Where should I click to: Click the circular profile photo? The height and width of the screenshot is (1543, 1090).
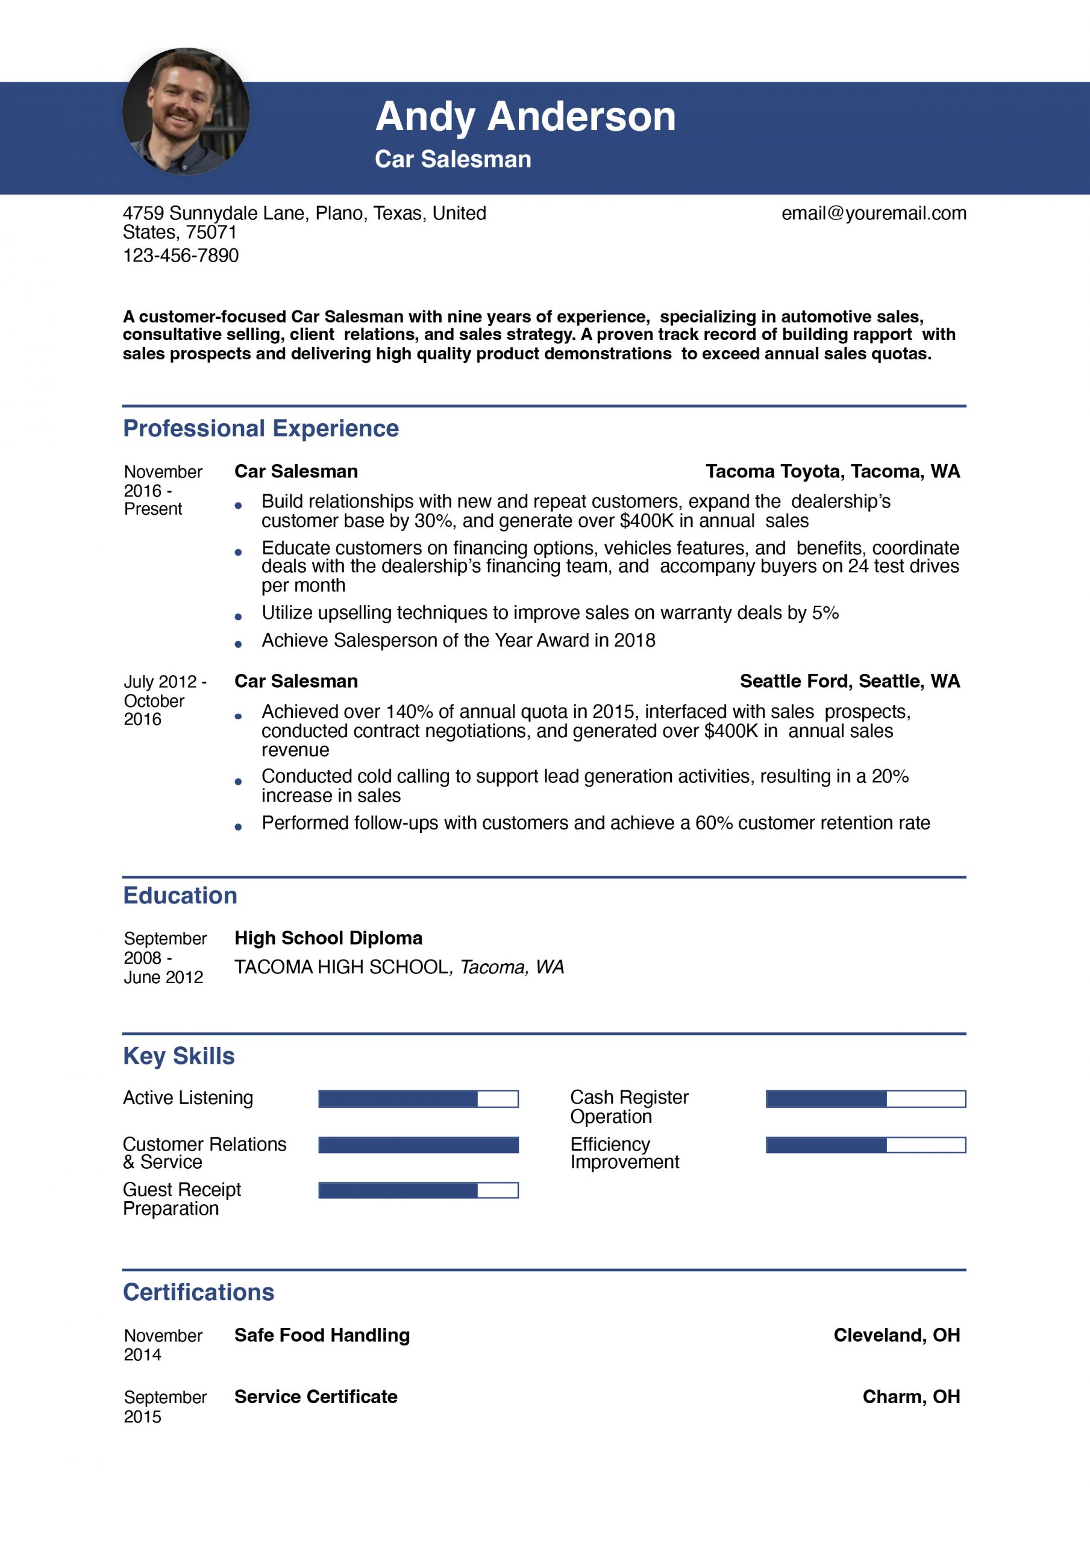pos(186,112)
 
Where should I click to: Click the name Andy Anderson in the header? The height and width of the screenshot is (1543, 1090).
pos(525,116)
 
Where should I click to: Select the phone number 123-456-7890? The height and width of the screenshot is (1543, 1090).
pos(180,256)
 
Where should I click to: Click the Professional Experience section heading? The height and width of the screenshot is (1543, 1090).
pos(261,428)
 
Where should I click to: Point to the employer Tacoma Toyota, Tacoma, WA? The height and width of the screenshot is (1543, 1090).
pos(832,471)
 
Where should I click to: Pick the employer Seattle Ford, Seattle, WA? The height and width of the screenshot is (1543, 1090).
pos(850,680)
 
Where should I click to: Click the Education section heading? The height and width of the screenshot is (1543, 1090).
pos(180,895)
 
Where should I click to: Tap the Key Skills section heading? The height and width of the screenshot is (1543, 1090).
pos(179,1056)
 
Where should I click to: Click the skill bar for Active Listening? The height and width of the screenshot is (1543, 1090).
pos(418,1099)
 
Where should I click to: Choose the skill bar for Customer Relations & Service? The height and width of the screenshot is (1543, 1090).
pos(418,1145)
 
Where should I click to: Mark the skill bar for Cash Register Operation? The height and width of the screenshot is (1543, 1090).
pos(865,1099)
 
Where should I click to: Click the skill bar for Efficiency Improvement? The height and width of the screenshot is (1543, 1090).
pos(865,1145)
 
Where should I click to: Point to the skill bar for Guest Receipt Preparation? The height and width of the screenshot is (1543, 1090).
pos(418,1190)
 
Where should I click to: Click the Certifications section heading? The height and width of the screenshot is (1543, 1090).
pos(198,1292)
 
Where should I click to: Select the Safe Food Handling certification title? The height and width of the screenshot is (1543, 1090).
pos(322,1334)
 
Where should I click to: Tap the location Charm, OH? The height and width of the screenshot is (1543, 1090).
pos(910,1397)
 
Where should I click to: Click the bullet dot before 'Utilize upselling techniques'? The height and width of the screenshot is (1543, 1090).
pos(238,616)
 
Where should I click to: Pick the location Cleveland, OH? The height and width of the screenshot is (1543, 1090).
pos(897,1334)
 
